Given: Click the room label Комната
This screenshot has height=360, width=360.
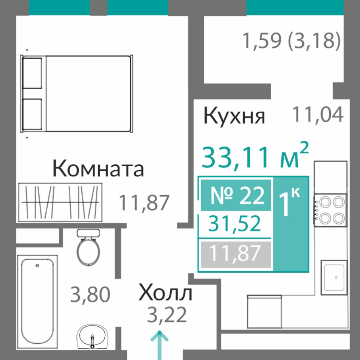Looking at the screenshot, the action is (98, 168).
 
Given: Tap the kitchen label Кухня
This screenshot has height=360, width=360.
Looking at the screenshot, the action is (234, 116).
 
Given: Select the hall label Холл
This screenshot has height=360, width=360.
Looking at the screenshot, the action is (165, 293).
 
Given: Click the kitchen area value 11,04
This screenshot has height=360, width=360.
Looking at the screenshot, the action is (318, 114).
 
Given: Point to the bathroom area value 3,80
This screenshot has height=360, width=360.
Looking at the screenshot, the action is (90, 295).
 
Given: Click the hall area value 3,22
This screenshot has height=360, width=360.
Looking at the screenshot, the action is (167, 315).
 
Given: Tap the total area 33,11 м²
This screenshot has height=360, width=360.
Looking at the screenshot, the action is (255, 156).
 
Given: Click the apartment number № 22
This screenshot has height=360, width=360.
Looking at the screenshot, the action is (237, 195).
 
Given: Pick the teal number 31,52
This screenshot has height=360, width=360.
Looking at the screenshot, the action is (234, 224).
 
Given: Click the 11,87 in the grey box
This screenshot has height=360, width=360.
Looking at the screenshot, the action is (235, 253).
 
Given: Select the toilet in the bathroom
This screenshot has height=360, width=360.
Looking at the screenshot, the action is (88, 247).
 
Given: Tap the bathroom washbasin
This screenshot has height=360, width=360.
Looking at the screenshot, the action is (92, 336).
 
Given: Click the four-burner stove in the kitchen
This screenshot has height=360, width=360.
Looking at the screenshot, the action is (331, 210).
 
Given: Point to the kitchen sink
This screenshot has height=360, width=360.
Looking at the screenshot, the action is (334, 277).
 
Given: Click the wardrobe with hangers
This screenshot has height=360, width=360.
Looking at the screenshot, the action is (61, 202).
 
